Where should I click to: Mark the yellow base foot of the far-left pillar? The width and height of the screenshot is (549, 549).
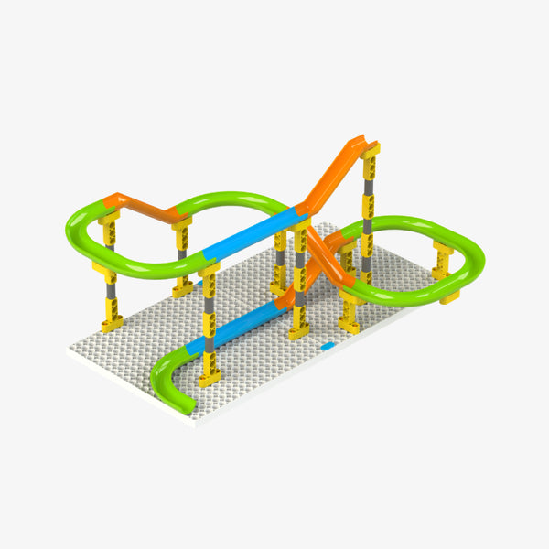(113, 322)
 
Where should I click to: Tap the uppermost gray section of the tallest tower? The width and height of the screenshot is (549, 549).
(369, 197)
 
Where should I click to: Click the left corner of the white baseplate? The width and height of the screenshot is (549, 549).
(70, 349)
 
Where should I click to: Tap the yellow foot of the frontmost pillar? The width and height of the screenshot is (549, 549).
(210, 375)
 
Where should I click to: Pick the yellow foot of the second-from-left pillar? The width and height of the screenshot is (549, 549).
(182, 288)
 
